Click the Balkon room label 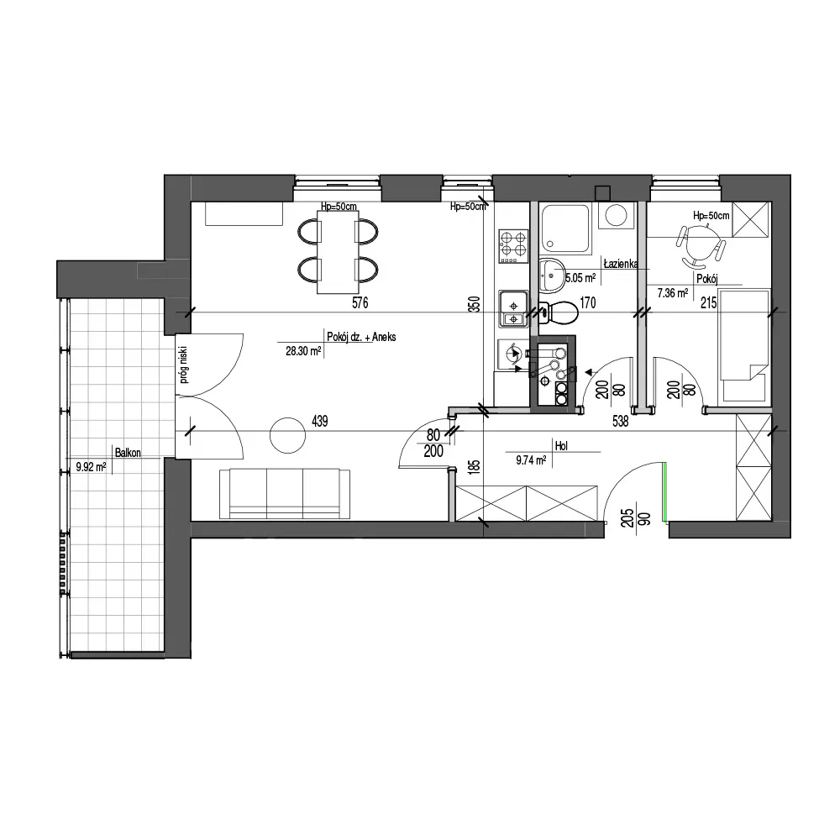click(128, 453)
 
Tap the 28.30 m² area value click(303, 351)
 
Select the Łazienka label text click(621, 264)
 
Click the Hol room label click(561, 446)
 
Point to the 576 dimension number click(360, 302)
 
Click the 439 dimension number click(319, 422)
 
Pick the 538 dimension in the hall click(620, 422)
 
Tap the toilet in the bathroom click(558, 312)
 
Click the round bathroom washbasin click(551, 276)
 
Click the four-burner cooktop click(513, 246)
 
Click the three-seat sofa click(285, 493)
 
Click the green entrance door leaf click(664, 491)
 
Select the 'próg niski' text click(184, 365)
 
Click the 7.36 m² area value click(672, 293)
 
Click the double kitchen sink click(513, 308)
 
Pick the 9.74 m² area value click(531, 459)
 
